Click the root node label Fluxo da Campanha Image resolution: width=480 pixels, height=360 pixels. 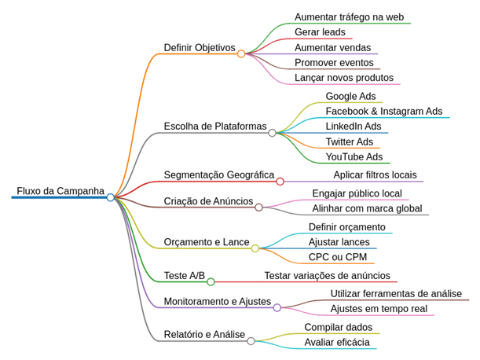click(60, 191)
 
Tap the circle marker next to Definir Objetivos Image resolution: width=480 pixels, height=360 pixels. click(241, 54)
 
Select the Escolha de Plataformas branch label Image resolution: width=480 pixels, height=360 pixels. click(214, 127)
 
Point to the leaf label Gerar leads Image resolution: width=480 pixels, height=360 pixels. click(320, 32)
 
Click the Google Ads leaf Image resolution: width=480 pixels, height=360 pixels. click(350, 97)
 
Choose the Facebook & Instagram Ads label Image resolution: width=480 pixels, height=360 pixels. click(383, 112)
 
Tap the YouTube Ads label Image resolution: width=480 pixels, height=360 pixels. click(354, 157)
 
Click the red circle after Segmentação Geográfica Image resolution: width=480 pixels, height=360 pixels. click(280, 182)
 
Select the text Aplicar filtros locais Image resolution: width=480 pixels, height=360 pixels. click(375, 175)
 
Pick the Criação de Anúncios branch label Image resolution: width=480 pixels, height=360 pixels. click(208, 201)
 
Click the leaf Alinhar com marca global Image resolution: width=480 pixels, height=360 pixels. click(367, 209)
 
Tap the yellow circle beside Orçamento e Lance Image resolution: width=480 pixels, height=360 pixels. click(255, 248)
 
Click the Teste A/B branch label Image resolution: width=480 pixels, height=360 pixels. click(184, 276)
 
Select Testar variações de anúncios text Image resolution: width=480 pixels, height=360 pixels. click(327, 276)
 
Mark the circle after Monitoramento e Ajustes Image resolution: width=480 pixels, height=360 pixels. click(277, 308)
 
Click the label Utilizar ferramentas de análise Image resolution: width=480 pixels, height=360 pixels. click(396, 294)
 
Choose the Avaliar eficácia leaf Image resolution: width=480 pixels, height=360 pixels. click(336, 342)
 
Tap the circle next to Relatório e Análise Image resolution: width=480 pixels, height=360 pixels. click(251, 341)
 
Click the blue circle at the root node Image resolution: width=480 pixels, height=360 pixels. click(111, 197)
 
